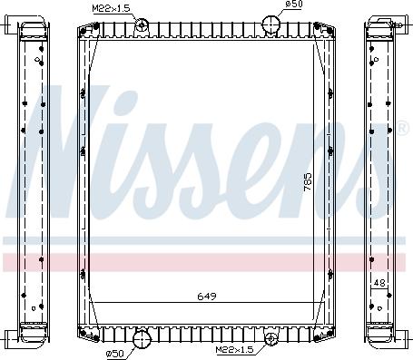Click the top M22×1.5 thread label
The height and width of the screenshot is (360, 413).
[x=111, y=8]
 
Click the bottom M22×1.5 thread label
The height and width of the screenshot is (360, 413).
[x=234, y=349]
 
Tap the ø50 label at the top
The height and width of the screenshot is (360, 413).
[x=294, y=4]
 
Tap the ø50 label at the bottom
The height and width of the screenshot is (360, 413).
[x=114, y=353]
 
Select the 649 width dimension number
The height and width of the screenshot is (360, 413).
[x=207, y=297]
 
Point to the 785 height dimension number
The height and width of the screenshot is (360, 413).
[x=308, y=181]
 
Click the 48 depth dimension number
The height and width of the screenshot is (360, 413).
[x=379, y=283]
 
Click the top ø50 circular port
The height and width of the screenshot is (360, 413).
[x=270, y=24]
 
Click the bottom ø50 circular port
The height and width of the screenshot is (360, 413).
[x=142, y=339]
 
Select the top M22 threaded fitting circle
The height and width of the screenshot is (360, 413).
[x=141, y=24]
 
